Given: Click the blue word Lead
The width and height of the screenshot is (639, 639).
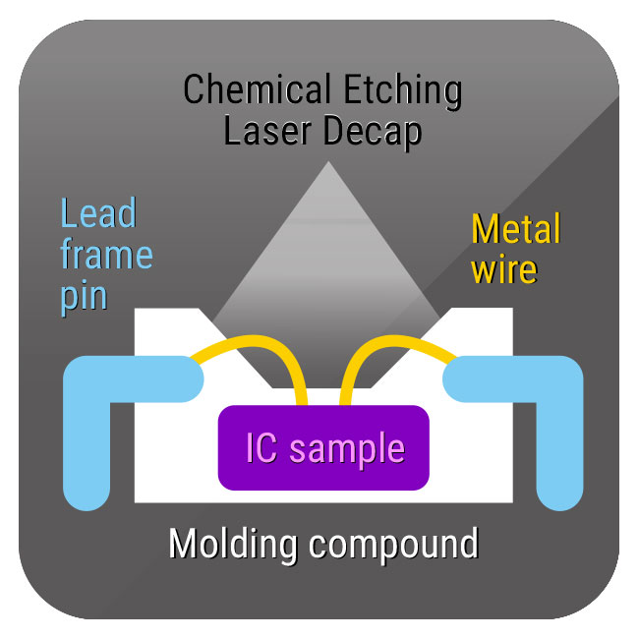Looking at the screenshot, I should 97,214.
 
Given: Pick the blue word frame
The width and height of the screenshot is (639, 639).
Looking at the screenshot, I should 106,255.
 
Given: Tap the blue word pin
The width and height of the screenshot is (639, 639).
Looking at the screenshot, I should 83,295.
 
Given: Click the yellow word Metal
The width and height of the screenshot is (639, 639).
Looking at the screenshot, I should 516,230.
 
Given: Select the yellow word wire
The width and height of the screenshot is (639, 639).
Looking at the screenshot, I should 504,269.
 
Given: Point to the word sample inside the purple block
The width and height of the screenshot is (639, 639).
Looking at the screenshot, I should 348,449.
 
